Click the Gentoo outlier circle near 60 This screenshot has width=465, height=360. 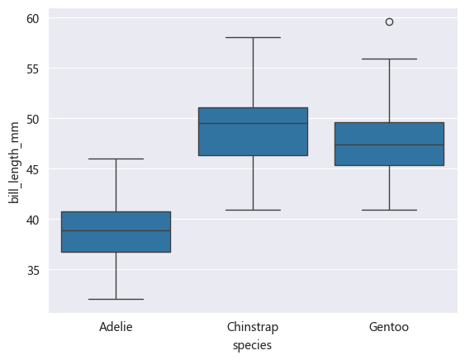coord(389,21)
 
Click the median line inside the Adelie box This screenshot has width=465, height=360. coord(116,230)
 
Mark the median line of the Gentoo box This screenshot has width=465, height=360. coord(389,144)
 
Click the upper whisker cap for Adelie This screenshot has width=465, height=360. coord(116,159)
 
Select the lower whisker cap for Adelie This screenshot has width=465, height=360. coord(116,299)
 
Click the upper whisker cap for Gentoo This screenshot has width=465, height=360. coord(389,59)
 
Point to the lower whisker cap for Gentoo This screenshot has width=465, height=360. coord(389,210)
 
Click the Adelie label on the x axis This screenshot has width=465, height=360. coord(116,328)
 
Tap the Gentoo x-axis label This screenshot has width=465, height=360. coord(389,328)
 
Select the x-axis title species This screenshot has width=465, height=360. coord(253,345)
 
